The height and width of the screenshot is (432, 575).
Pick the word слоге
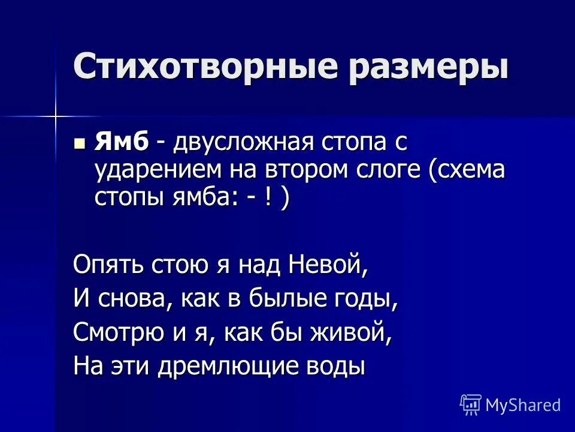tap(388, 171)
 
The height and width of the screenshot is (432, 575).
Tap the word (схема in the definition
tap(467, 171)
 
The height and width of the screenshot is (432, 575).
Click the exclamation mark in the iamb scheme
tap(264, 197)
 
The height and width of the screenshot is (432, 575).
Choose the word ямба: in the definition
tap(198, 198)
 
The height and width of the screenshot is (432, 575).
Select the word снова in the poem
tap(131, 299)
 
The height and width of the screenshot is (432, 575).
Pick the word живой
tap(353, 332)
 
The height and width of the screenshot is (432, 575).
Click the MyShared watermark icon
tap(470, 405)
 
